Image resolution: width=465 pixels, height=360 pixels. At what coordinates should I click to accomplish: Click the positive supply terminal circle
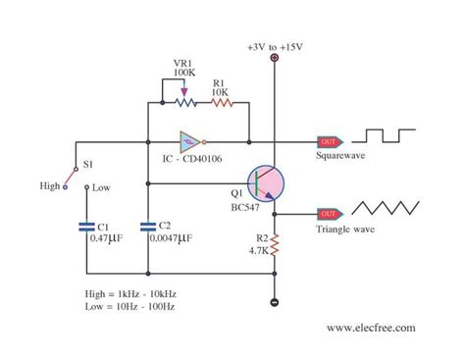275,60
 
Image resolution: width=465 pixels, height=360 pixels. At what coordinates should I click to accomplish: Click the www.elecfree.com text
371,328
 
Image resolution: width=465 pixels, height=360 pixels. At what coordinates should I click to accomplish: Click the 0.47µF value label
97,238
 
